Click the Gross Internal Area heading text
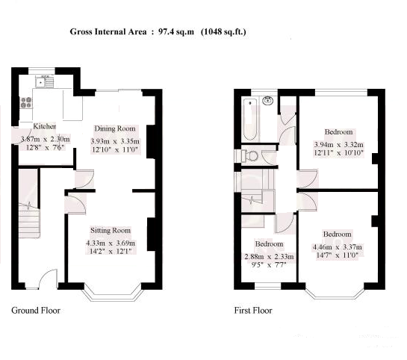point(158,31)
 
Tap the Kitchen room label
point(45,126)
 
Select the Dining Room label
point(115,128)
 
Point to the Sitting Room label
point(111,230)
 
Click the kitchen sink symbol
point(44,81)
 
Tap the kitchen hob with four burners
point(26,102)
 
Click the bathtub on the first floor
point(250,120)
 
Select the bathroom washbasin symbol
point(268,101)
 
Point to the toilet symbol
point(249,156)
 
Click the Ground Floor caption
point(36,311)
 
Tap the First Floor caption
point(253,311)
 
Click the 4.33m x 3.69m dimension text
point(111,243)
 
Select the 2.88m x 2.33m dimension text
point(269,257)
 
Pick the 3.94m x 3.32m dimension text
point(339,145)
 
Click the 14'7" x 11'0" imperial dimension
point(338,255)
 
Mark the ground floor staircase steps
point(29,220)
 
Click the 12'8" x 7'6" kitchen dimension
point(45,148)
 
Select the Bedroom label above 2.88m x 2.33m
point(269,244)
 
